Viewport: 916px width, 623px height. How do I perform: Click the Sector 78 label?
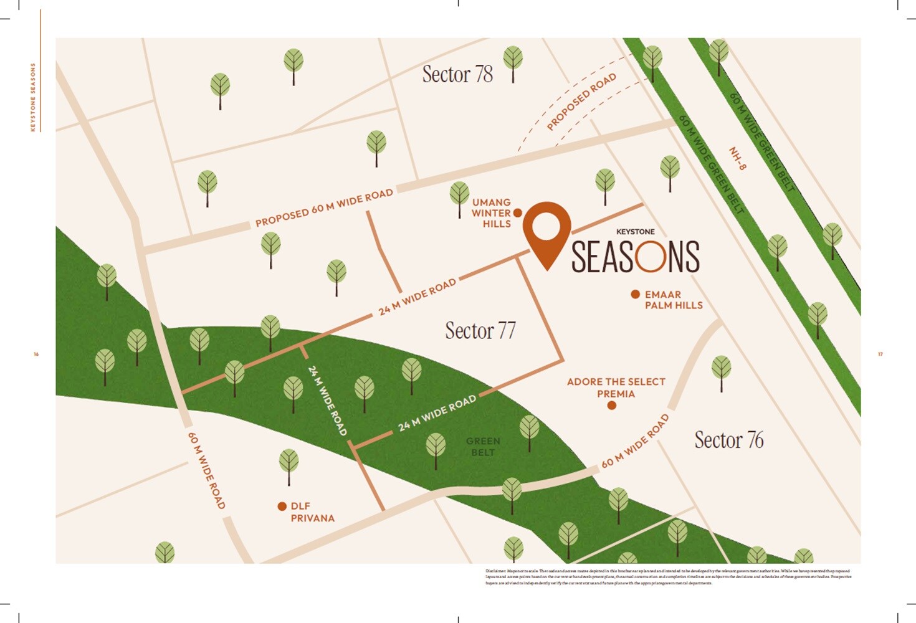pos(457,74)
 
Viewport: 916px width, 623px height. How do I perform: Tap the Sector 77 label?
pos(480,330)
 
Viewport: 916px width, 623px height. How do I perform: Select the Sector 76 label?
pos(728,440)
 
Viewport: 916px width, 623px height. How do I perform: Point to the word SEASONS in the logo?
pos(636,257)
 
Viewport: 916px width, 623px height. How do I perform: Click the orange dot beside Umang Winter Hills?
pos(517,213)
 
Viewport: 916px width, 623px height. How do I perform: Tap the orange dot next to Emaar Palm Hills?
pos(635,294)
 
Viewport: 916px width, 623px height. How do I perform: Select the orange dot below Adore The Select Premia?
pos(612,406)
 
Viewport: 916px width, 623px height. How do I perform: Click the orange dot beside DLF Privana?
pos(282,506)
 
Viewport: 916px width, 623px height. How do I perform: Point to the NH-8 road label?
pos(738,158)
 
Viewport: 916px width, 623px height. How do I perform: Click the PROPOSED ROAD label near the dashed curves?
pos(581,101)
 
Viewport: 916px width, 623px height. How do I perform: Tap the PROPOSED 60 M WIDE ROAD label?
pos(324,208)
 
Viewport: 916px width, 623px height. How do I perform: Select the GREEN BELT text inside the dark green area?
pos(483,447)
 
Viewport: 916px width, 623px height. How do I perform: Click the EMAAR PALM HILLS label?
pos(673,300)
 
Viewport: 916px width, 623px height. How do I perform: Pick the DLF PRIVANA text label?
pos(312,512)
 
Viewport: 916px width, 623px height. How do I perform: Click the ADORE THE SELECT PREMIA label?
pos(616,388)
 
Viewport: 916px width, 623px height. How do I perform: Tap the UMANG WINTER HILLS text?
pos(492,213)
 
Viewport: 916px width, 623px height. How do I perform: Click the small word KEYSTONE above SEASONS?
pos(636,232)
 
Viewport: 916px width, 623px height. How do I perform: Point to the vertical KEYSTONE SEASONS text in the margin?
pos(33,97)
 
